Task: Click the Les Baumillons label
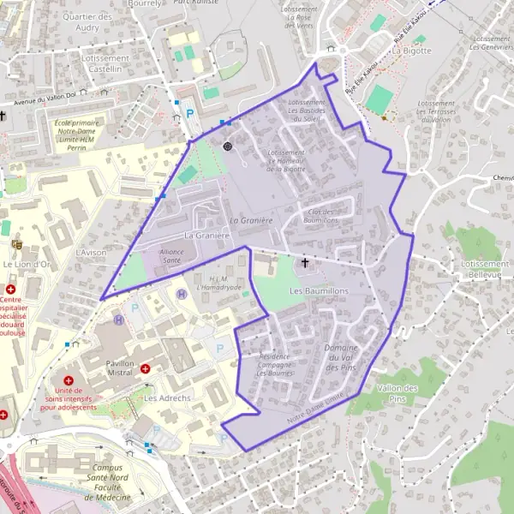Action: pyautogui.click(x=320, y=291)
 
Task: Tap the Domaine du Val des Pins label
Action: pyautogui.click(x=341, y=356)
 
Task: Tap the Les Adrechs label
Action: pyautogui.click(x=160, y=398)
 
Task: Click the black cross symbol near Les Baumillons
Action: pyautogui.click(x=305, y=262)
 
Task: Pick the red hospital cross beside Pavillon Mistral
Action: pyautogui.click(x=146, y=369)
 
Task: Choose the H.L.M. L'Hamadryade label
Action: pyautogui.click(x=219, y=283)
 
